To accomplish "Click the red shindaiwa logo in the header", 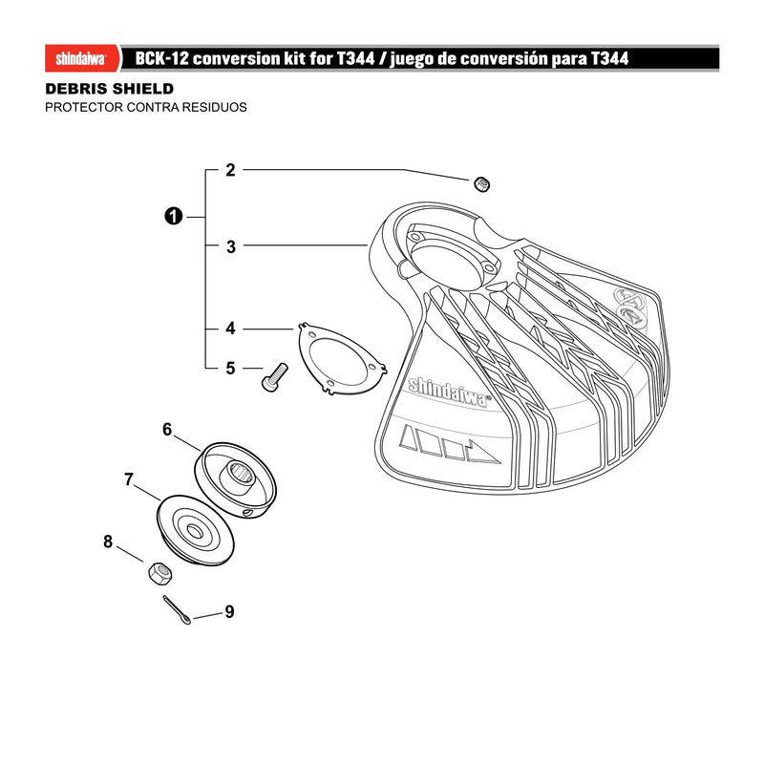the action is point(82,59).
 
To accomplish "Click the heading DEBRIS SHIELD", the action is point(110,89).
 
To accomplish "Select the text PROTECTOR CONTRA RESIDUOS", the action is point(146,107).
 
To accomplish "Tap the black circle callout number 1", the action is point(174,217).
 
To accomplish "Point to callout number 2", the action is point(230,170).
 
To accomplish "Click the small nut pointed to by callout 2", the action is point(482,184).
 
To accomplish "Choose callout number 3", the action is point(231,247).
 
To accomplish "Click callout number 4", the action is point(230,329).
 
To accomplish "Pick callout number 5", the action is point(230,369).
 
